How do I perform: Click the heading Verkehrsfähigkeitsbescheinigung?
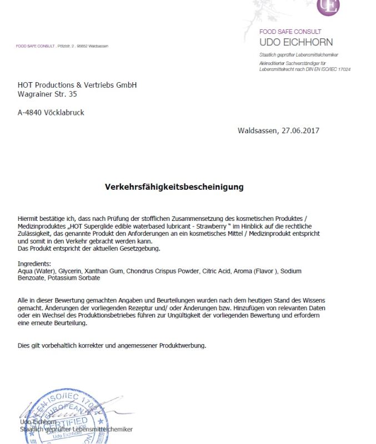(x=174, y=187)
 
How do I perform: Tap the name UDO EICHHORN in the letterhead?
(x=296, y=42)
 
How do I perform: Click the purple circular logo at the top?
(x=328, y=6)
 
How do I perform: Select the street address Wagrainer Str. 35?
(x=47, y=94)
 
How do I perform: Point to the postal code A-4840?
(x=28, y=113)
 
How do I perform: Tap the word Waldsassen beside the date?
(x=257, y=131)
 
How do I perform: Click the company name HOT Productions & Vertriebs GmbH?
(x=77, y=85)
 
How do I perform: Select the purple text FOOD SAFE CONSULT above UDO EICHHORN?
(x=290, y=32)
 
